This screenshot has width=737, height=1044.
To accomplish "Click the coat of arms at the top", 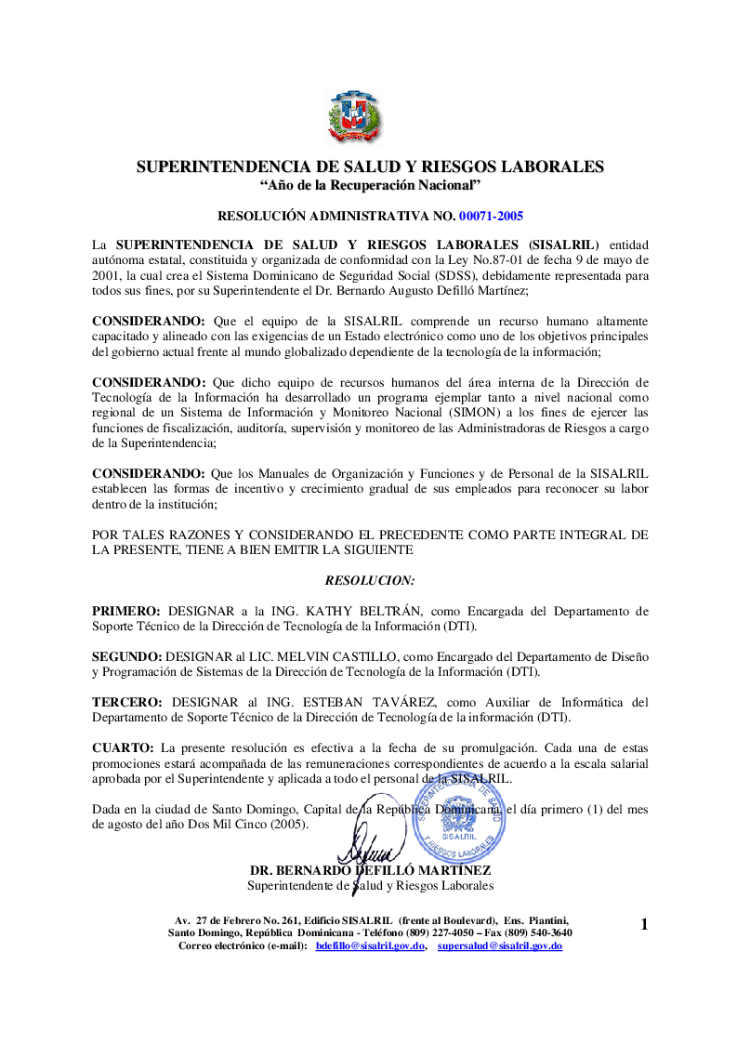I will point(355,117).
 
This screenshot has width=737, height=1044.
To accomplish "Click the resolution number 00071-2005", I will point(491,217).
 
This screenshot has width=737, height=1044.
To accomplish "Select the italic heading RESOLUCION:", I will point(370,580).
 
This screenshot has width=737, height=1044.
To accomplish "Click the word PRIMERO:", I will point(126,611).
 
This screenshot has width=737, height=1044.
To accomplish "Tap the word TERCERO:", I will point(127,702).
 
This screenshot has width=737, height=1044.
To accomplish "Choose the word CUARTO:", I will point(123,747).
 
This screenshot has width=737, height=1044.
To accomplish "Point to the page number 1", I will point(643,923).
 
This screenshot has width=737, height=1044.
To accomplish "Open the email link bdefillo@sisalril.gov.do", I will point(370,945).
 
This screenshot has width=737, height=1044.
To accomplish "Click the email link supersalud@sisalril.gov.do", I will point(500,945).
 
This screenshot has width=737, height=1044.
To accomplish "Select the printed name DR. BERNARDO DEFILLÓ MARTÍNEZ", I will point(370,871).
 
